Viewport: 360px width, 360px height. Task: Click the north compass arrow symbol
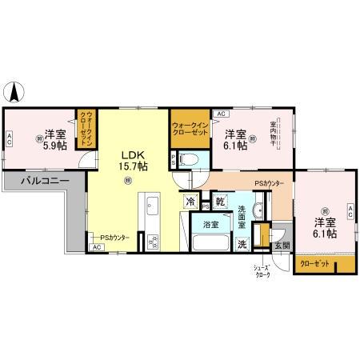[14, 91]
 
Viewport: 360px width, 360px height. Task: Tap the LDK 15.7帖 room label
[134, 160]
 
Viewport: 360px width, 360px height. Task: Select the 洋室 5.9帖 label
[54, 138]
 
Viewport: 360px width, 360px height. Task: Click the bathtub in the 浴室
[210, 243]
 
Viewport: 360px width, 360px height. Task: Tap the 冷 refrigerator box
[192, 202]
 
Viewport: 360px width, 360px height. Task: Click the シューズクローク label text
[262, 271]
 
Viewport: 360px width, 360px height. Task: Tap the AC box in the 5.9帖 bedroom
[9, 139]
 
